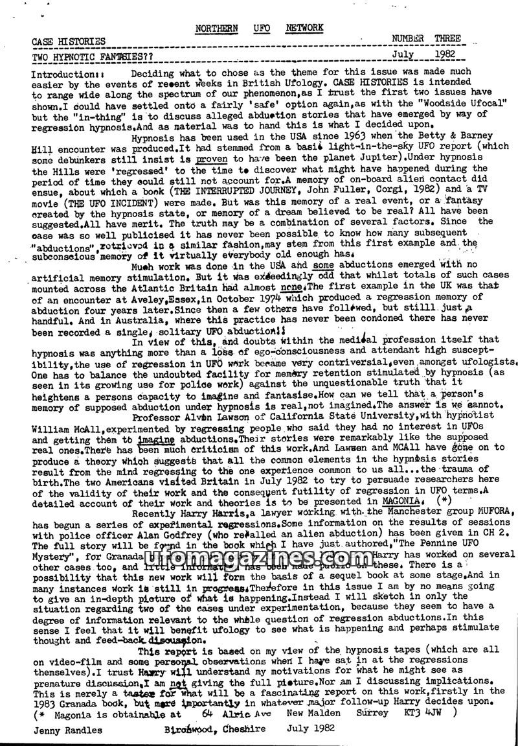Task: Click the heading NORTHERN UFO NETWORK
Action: [x=258, y=29]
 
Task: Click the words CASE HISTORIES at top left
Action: [x=69, y=41]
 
